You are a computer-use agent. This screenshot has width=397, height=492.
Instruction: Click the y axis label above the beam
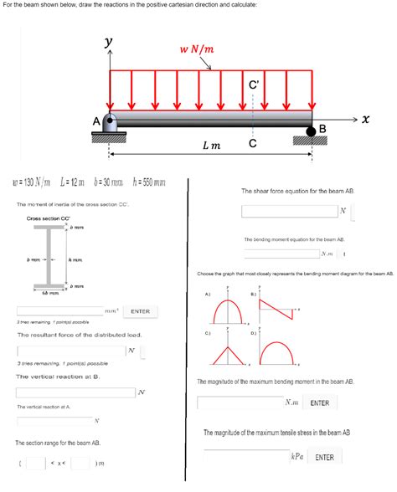point(108,42)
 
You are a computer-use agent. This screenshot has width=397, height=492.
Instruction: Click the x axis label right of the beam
point(365,119)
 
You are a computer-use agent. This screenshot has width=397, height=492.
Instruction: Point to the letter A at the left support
point(97,120)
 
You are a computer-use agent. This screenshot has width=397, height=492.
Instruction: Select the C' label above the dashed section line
point(254,84)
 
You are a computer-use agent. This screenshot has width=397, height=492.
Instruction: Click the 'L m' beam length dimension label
point(210,146)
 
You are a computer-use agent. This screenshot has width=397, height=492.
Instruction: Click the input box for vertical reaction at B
point(75,392)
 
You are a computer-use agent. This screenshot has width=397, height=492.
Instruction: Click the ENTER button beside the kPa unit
point(324,457)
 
